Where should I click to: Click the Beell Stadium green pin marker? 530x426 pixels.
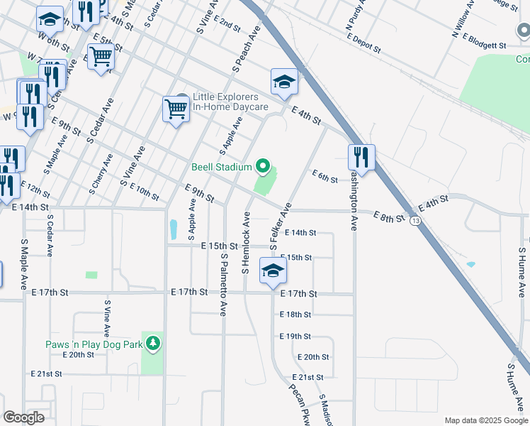(x=264, y=168)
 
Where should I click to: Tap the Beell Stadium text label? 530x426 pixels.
(x=222, y=168)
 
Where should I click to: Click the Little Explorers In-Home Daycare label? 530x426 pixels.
(x=230, y=102)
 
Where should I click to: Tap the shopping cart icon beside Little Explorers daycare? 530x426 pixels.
(x=175, y=109)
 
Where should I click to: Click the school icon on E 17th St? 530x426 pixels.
(x=273, y=271)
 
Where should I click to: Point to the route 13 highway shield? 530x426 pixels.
(x=415, y=223)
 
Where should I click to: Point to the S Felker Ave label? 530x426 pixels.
(x=278, y=226)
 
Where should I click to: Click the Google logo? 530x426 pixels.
(x=23, y=417)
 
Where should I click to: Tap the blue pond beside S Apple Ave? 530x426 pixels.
(x=174, y=229)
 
